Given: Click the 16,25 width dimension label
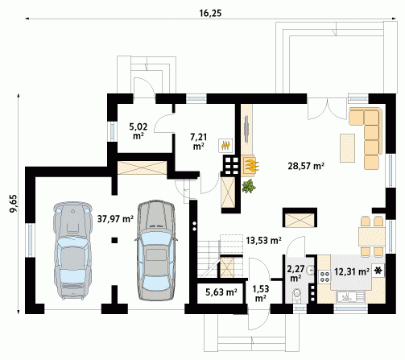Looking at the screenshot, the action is (210, 13).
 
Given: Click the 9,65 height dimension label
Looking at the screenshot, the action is (14, 203).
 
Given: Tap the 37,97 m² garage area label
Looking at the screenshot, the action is (115, 219).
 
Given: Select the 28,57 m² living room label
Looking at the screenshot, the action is (306, 166).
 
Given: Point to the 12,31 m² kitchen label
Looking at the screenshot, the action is (352, 272).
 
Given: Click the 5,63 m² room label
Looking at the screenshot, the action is (221, 292).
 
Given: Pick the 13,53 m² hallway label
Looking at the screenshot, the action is (263, 240).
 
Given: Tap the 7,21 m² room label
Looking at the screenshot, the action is (199, 142).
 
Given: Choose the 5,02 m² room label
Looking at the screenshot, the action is (138, 131).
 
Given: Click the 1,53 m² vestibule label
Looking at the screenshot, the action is (260, 293).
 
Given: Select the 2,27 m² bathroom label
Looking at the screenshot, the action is (295, 273).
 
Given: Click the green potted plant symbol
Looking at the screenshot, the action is (249, 186).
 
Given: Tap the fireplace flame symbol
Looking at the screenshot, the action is (251, 166).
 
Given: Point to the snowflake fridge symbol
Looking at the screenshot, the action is (378, 271).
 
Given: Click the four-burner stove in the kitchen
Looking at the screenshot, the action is (324, 276).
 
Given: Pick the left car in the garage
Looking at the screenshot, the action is (72, 250).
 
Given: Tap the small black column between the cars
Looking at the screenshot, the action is (114, 240).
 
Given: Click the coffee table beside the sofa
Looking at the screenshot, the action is (347, 148).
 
